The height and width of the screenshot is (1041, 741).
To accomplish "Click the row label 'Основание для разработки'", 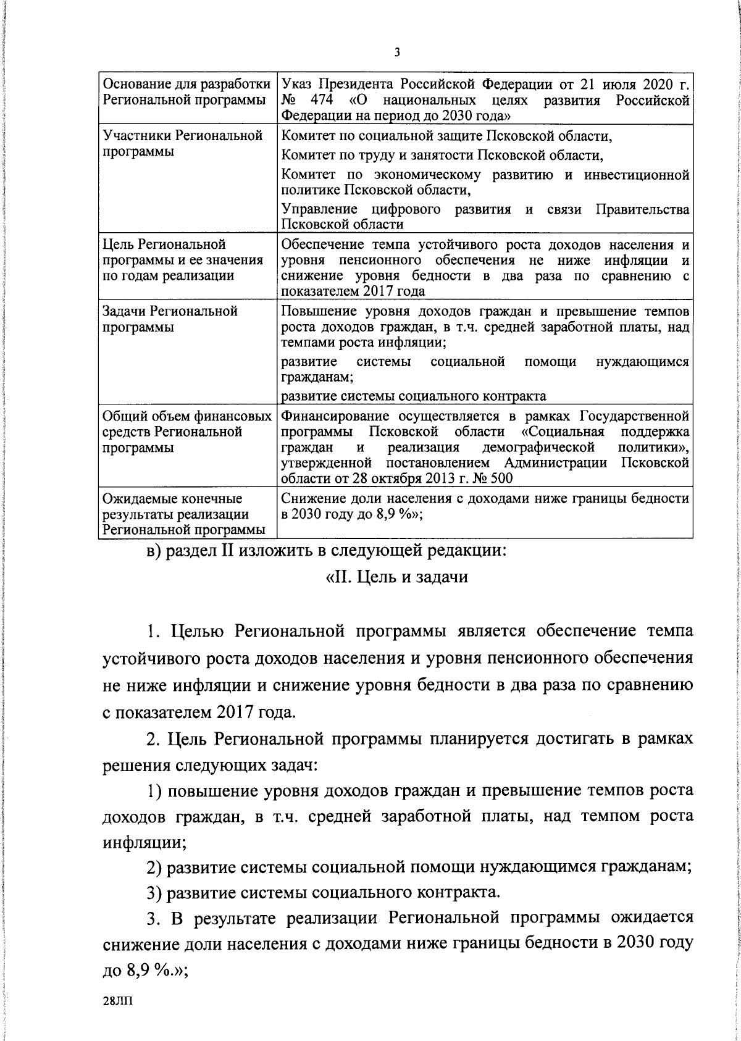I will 186,83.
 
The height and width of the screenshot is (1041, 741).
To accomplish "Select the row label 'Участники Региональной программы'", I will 182,143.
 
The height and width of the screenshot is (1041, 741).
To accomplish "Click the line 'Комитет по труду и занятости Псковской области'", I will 442,154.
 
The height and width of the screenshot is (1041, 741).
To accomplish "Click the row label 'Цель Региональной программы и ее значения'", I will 182,260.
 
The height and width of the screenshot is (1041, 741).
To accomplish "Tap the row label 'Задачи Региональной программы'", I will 170,319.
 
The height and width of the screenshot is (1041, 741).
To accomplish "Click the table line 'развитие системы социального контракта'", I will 413,395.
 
